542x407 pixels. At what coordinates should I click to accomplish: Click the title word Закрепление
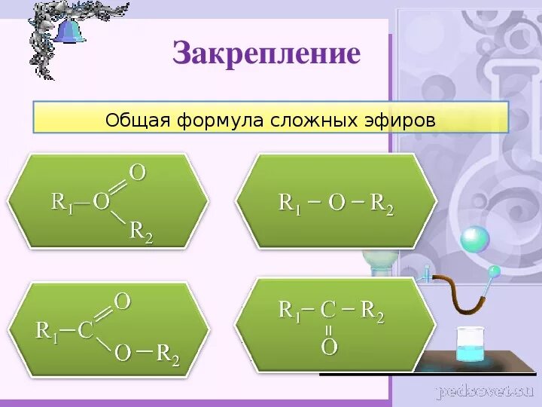(266, 53)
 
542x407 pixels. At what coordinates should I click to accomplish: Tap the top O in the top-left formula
(138, 173)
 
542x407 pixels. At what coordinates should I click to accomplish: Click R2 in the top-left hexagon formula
(141, 231)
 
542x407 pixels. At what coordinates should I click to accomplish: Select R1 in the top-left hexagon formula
(62, 202)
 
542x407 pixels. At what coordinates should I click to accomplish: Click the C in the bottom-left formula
(86, 330)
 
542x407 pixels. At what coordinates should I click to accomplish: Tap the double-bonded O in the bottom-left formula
(123, 302)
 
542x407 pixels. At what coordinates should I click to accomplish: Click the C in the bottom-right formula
(327, 310)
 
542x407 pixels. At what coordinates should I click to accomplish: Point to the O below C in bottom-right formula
(329, 347)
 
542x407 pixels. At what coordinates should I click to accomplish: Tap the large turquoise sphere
(474, 240)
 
